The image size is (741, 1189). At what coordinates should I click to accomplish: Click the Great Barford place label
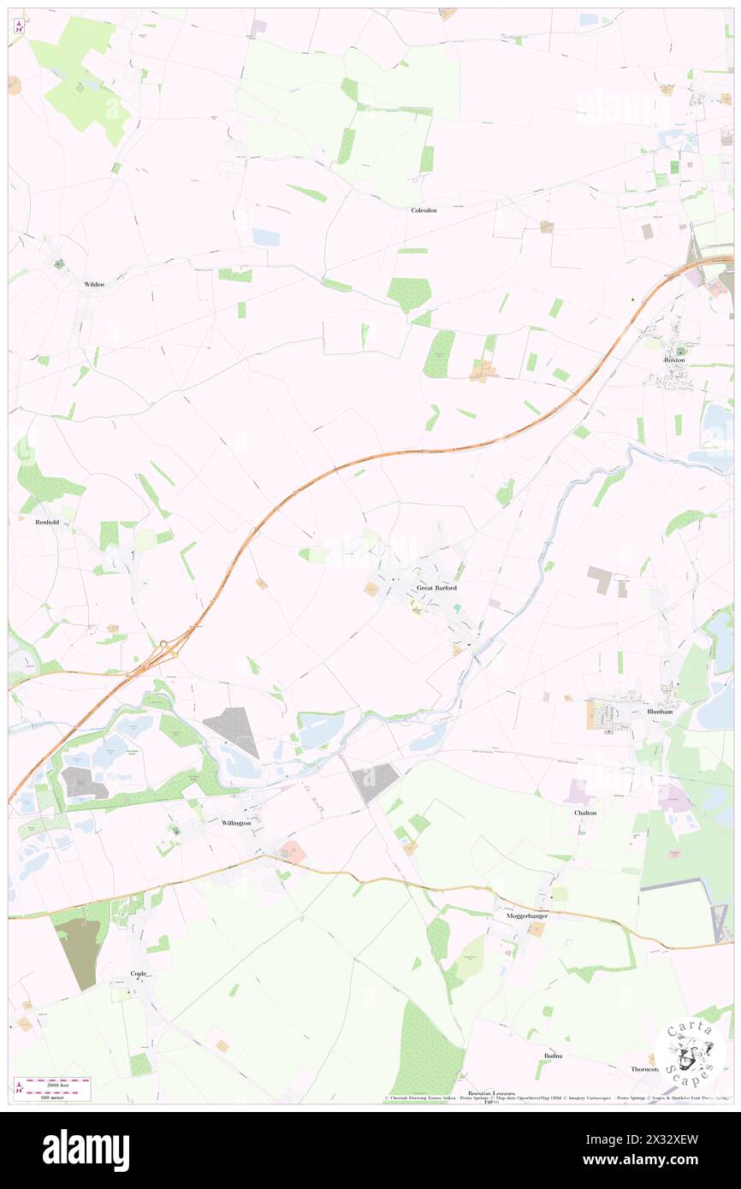(436, 588)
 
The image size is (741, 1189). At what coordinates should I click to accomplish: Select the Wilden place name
(94, 284)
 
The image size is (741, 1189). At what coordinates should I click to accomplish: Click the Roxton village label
(675, 361)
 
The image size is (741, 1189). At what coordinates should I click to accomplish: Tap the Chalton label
(585, 812)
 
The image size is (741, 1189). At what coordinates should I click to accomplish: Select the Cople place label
(139, 973)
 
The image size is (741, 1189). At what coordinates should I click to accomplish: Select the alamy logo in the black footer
(86, 1151)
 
